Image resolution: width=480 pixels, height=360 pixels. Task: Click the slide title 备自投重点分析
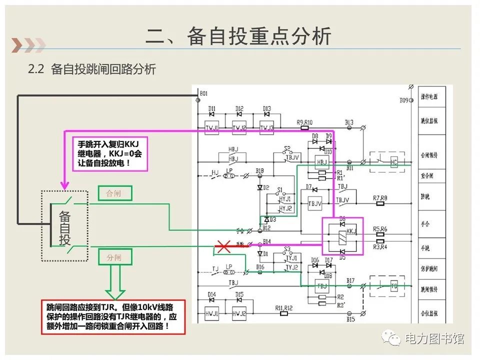(x=238, y=36)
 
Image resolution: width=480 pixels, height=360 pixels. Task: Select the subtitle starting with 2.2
(x=92, y=69)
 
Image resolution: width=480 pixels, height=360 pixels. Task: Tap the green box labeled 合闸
(x=115, y=193)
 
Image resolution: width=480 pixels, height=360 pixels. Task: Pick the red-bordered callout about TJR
(x=113, y=316)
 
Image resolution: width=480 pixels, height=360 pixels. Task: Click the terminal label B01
(x=203, y=93)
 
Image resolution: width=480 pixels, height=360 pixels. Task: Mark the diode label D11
(x=212, y=108)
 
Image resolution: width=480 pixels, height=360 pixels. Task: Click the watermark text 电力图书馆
(x=434, y=338)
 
